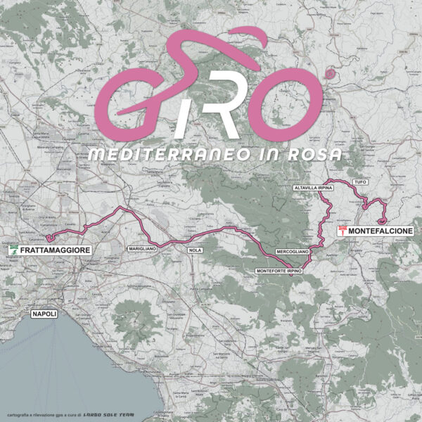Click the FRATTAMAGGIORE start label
pyautogui.click(x=55, y=250)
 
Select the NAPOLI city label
pyautogui.click(x=44, y=314)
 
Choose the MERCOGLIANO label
pyautogui.click(x=293, y=250)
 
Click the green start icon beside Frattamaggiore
pyautogui.click(x=12, y=250)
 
